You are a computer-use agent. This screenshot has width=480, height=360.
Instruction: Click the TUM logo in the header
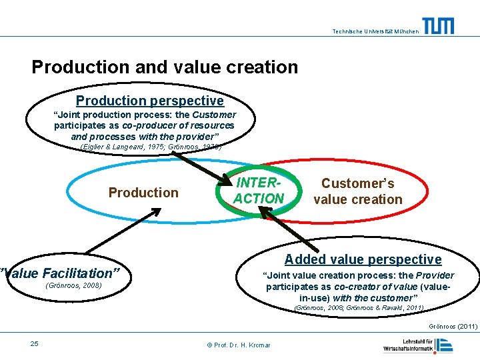[438, 26]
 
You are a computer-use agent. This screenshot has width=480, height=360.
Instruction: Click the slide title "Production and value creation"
[165, 67]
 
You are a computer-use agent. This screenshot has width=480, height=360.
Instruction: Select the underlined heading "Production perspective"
[149, 101]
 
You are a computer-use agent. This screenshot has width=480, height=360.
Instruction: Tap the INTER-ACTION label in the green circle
[259, 191]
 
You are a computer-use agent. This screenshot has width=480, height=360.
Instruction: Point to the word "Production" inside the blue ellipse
[143, 193]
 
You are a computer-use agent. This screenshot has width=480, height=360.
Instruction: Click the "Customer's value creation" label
[358, 191]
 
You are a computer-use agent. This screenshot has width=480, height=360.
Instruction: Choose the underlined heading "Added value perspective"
[363, 259]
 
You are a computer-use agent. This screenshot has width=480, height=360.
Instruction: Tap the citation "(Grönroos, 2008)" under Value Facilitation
[73, 286]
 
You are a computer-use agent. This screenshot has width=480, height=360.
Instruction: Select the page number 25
[35, 343]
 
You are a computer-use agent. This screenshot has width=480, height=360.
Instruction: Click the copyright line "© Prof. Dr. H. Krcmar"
[239, 345]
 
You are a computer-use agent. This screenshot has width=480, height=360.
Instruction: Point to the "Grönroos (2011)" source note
[453, 327]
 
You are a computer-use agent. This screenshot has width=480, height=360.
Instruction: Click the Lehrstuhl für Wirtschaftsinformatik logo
[418, 345]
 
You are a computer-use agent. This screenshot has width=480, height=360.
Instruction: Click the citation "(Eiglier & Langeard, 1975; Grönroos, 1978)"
[151, 147]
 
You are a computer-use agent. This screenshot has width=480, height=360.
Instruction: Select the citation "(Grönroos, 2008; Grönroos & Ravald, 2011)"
[359, 308]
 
